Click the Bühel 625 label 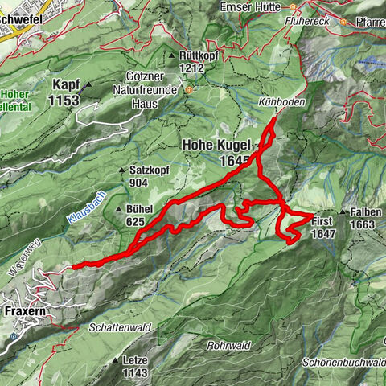pyautogui.click(x=140, y=215)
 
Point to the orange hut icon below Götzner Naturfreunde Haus pyautogui.click(x=190, y=90)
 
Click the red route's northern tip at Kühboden pyautogui.click(x=274, y=120)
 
